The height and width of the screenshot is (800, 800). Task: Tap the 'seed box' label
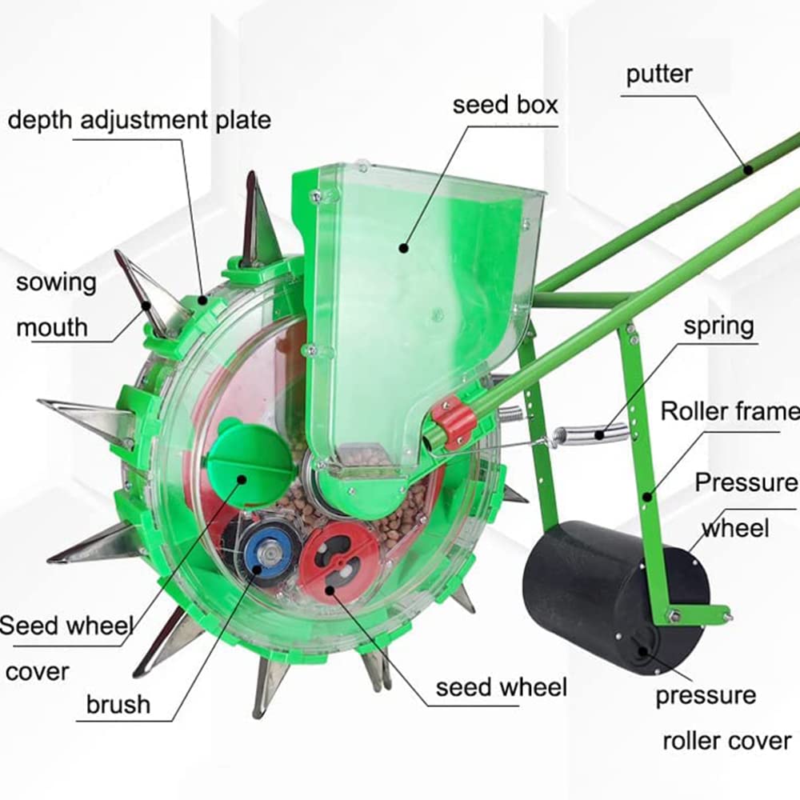pos(505,105)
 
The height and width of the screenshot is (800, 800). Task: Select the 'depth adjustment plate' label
pos(139,120)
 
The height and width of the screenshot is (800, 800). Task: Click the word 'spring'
pos(718,326)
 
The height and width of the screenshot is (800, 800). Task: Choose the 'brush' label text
pos(118,704)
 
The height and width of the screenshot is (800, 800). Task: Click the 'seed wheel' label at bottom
pos(501,686)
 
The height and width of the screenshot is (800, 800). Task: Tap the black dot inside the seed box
pos(405,249)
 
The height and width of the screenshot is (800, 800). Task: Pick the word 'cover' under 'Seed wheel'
pos(37,671)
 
